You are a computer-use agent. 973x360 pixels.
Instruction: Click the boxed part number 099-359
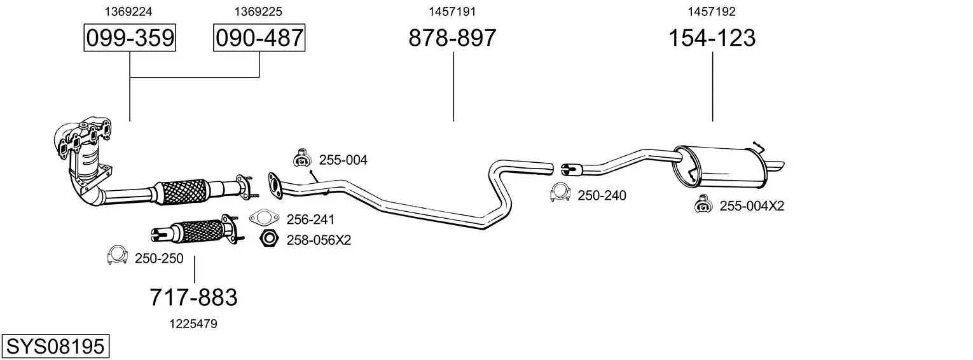(130, 38)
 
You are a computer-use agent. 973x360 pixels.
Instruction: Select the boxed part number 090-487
(259, 38)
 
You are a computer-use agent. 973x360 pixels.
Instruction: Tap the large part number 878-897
(452, 38)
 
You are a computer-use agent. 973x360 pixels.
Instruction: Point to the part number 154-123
(712, 38)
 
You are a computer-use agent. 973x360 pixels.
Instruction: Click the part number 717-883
(193, 297)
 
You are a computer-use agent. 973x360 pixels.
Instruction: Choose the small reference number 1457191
(452, 11)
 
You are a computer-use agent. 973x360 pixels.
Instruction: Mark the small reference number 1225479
(193, 324)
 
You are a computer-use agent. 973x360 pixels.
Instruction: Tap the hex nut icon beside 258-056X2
(270, 239)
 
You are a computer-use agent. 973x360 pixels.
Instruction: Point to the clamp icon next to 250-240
(560, 193)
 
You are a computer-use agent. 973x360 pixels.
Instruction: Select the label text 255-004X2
(752, 206)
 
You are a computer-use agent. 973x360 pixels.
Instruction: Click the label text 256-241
(310, 219)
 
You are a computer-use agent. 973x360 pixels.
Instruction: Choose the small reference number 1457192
(712, 11)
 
